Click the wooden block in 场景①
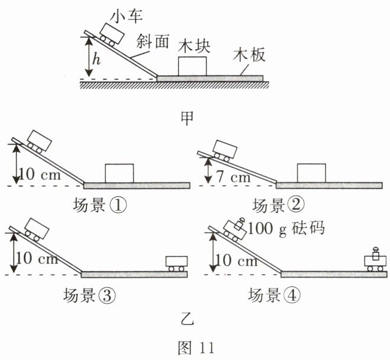(x=119, y=173)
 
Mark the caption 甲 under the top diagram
(x=187, y=117)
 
